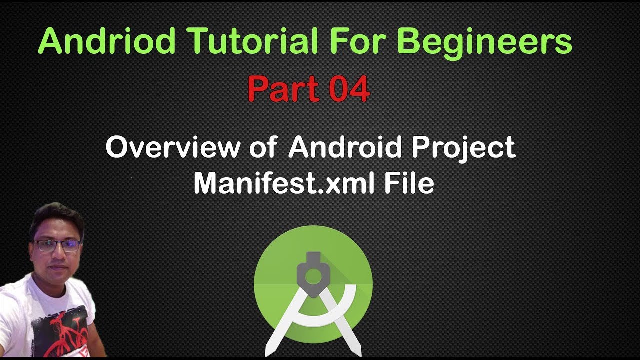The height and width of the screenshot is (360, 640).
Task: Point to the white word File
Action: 409,183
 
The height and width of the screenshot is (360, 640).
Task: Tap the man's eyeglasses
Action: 56,245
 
